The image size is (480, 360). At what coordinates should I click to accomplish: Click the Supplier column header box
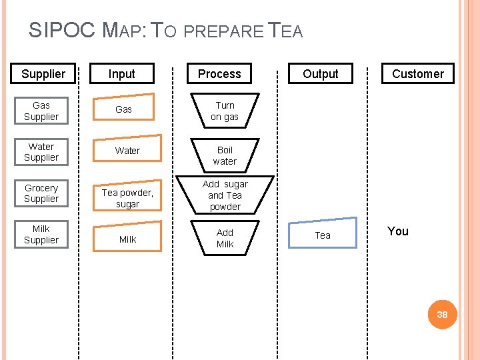pyautogui.click(x=43, y=74)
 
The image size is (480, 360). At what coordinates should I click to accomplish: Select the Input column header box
pyautogui.click(x=122, y=74)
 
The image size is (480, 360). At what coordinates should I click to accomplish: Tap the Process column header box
pyautogui.click(x=219, y=74)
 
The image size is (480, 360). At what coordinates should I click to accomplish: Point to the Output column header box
pyautogui.click(x=321, y=74)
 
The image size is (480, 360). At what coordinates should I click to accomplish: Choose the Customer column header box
pyautogui.click(x=418, y=74)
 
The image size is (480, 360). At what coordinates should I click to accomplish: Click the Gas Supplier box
pyautogui.click(x=41, y=111)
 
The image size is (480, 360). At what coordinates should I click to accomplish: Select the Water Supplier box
pyautogui.click(x=41, y=152)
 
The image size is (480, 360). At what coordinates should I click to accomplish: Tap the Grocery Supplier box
pyautogui.click(x=41, y=193)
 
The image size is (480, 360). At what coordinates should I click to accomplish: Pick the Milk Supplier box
pyautogui.click(x=41, y=235)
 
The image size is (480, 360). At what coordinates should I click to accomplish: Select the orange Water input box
pyautogui.click(x=127, y=151)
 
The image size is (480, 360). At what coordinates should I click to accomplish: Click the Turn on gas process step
pyautogui.click(x=225, y=111)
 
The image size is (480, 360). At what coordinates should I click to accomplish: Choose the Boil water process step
pyautogui.click(x=225, y=155)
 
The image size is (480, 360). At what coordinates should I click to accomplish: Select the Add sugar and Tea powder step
pyautogui.click(x=225, y=195)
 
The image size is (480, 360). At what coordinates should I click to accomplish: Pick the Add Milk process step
pyautogui.click(x=225, y=238)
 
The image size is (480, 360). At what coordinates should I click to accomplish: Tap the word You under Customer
pyautogui.click(x=398, y=231)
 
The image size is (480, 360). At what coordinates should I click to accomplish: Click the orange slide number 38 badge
pyautogui.click(x=442, y=314)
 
